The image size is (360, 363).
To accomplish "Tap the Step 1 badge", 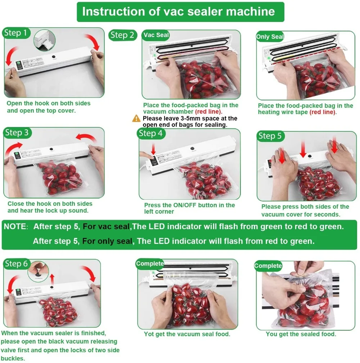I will click(x=15, y=33).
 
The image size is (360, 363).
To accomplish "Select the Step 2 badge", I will click(x=122, y=35).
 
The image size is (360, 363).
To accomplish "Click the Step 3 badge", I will click(x=17, y=133).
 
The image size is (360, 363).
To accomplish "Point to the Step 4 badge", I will click(x=150, y=133).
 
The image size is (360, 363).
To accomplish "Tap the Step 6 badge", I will click(x=16, y=264).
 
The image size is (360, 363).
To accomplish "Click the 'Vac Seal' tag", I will click(x=156, y=35).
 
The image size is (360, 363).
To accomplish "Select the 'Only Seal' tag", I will click(x=270, y=37).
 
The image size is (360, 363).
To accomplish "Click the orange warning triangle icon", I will click(x=136, y=118).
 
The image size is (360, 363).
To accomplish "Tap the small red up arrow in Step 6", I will click(x=53, y=278).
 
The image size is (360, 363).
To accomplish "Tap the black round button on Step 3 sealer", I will click(x=52, y=149).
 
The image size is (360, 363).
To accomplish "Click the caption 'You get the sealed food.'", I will click(x=301, y=334).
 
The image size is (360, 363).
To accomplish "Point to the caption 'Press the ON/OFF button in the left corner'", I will click(x=189, y=208).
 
